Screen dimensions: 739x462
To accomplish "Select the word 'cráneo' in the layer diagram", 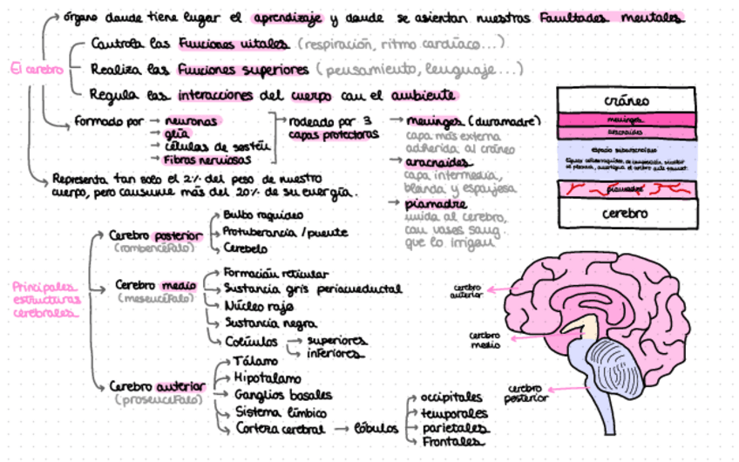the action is (626, 101).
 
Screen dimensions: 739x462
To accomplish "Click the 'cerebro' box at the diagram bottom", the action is (626, 213).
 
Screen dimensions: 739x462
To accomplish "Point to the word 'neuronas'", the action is (191, 121).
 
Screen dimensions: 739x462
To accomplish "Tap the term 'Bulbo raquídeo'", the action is (263, 215).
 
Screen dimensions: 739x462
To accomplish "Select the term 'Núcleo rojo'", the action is (259, 306).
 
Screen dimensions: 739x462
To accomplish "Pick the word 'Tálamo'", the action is (256, 361).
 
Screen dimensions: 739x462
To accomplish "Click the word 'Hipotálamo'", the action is (267, 378).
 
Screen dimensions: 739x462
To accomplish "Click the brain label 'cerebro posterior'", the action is (525, 392).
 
